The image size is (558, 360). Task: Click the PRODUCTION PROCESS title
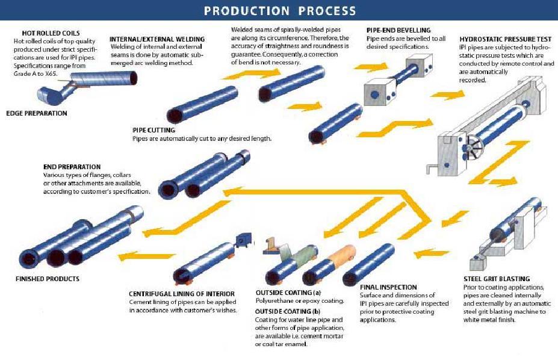[x=279, y=11]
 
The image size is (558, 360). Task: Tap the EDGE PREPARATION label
[x=36, y=113]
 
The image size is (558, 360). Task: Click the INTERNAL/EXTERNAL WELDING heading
[x=157, y=39]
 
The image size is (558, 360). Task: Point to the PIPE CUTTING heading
[x=153, y=130]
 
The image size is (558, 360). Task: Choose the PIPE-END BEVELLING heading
[x=398, y=30]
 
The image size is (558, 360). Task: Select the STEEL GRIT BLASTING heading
[x=497, y=279]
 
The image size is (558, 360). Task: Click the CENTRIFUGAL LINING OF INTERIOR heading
[x=182, y=294]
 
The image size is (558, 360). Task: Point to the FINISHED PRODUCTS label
[x=47, y=279]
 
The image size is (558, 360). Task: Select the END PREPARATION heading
[x=72, y=167]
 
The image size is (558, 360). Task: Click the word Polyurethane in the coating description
[x=273, y=301]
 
